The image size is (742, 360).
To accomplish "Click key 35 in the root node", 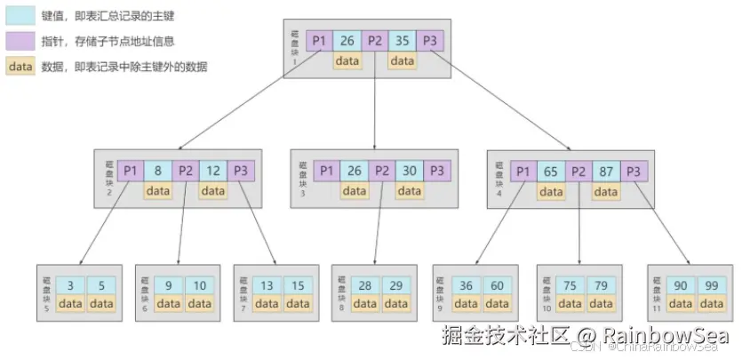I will pyautogui.click(x=403, y=40).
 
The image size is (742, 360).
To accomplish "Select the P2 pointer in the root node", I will pyautogui.click(x=375, y=40).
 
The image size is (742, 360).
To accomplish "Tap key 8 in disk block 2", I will pyautogui.click(x=157, y=170).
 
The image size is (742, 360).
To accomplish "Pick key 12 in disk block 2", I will pyautogui.click(x=212, y=170).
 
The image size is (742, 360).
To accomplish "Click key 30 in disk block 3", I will pyautogui.click(x=409, y=170).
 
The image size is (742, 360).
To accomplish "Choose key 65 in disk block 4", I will pyautogui.click(x=551, y=170).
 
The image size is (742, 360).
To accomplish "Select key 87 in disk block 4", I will pyautogui.click(x=606, y=170).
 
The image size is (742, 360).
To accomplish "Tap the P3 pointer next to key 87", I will pyautogui.click(x=634, y=170).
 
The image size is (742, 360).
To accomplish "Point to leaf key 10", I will pyautogui.click(x=200, y=284).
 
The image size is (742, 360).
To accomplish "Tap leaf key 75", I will pyautogui.click(x=570, y=284).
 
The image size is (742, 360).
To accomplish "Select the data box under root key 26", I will pyautogui.click(x=347, y=60).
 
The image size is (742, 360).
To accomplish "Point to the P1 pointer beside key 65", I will pyautogui.click(x=523, y=170).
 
